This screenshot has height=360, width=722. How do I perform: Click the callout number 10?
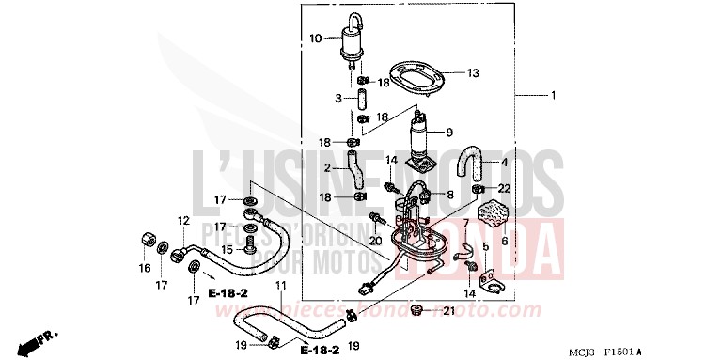pyautogui.click(x=315, y=39)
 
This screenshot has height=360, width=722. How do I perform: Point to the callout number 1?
pyautogui.click(x=554, y=96)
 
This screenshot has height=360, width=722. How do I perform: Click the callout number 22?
pyautogui.click(x=504, y=190)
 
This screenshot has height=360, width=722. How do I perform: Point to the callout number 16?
pyautogui.click(x=145, y=269)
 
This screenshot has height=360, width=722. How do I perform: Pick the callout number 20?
pyautogui.click(x=376, y=242)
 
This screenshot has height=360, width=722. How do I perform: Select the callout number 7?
pyautogui.click(x=464, y=223)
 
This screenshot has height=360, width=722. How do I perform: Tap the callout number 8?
pyautogui.click(x=450, y=195)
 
